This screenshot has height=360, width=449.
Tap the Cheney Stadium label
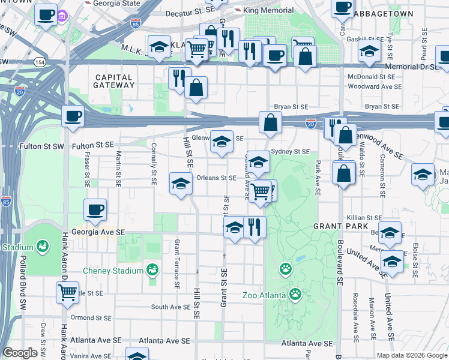pos(113,271)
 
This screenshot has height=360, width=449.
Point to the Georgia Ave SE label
pos(98,232)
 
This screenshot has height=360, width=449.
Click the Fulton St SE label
pos(92,145)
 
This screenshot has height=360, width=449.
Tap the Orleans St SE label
pos(217,178)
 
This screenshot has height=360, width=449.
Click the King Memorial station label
pos(268,10)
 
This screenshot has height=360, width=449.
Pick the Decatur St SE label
pos(189,12)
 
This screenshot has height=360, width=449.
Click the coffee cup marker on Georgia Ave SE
pos(95,210)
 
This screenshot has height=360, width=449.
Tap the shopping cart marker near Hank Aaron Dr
pos(68,293)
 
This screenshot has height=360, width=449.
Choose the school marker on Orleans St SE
pos(180,184)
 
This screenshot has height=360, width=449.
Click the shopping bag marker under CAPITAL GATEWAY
pos(196,88)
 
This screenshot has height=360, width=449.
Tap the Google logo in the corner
pos(20,353)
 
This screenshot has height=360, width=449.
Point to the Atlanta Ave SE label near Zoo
pos(307,344)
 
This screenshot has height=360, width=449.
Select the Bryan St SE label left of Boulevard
pos(291,106)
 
